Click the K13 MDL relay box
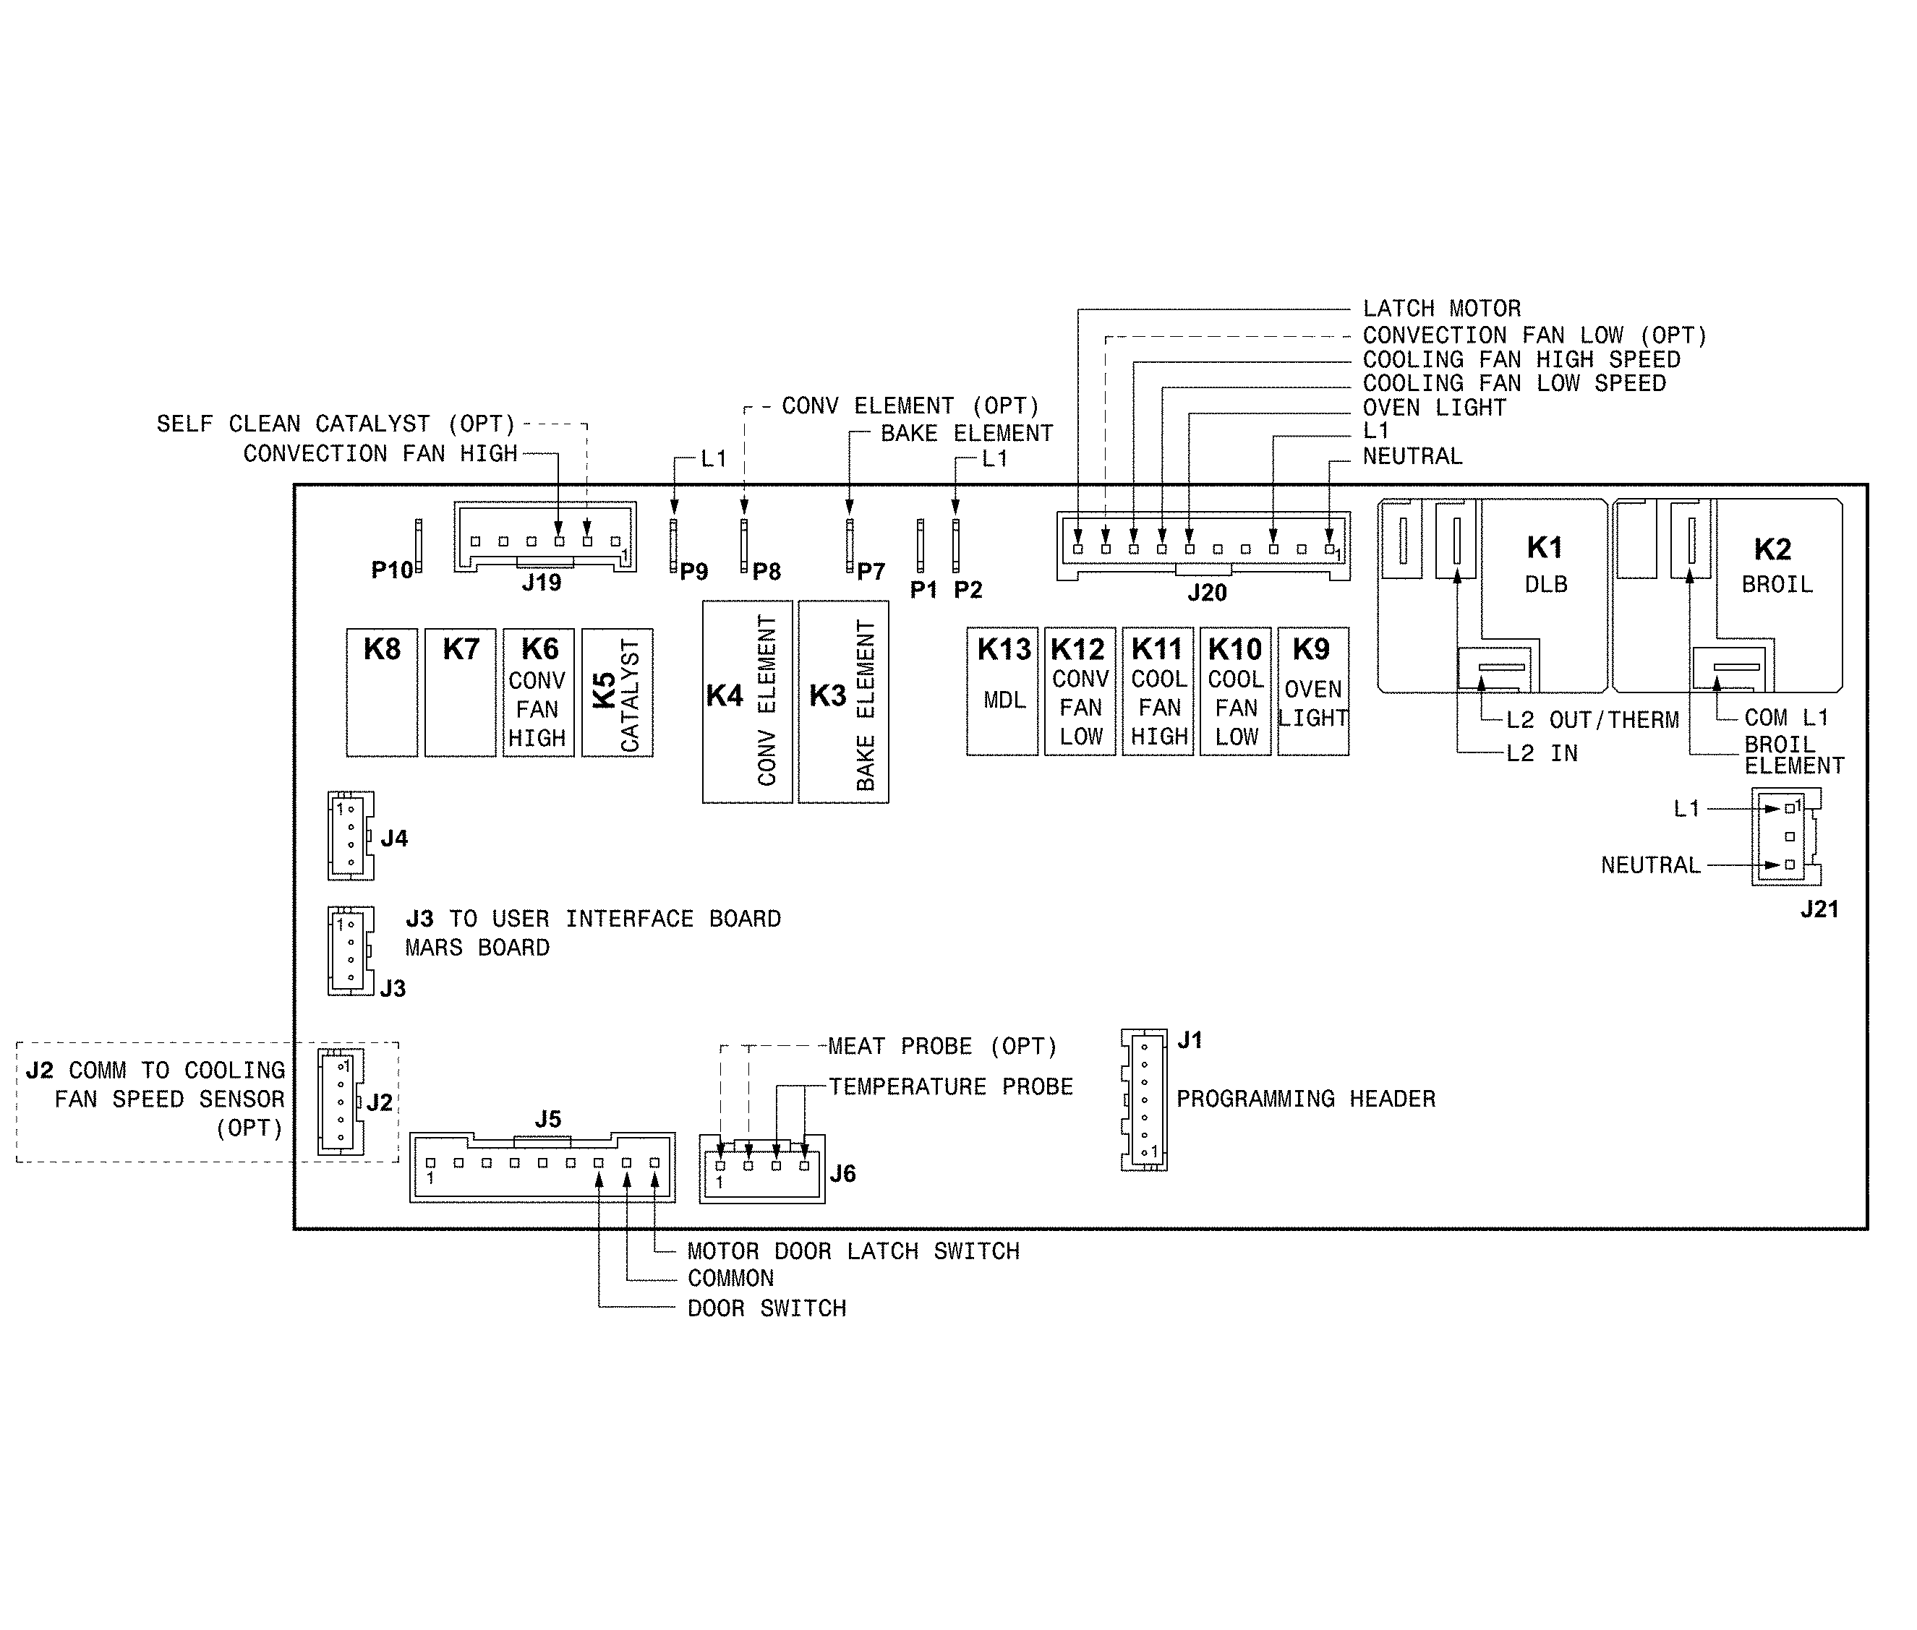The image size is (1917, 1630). point(1002,691)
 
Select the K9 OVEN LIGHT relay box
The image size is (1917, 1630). point(1312,691)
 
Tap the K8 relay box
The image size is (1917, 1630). point(382,693)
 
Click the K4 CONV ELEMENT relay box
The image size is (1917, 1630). point(747,701)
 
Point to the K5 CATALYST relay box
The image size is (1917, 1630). point(618,693)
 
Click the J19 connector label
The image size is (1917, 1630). point(542,583)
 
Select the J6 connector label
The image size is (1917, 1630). point(842,1173)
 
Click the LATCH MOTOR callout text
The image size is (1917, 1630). point(1441,309)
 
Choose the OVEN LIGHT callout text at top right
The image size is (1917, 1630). point(1433,408)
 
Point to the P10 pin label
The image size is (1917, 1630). point(392,570)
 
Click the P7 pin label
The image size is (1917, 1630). point(870,572)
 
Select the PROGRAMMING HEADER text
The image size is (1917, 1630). point(1305,1099)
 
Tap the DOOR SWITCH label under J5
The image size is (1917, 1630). point(767,1308)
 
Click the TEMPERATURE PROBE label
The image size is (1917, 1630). point(950,1086)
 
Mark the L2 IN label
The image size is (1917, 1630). point(1542,753)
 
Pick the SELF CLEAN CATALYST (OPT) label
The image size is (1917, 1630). point(336,424)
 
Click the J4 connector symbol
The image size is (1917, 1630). point(350,836)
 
